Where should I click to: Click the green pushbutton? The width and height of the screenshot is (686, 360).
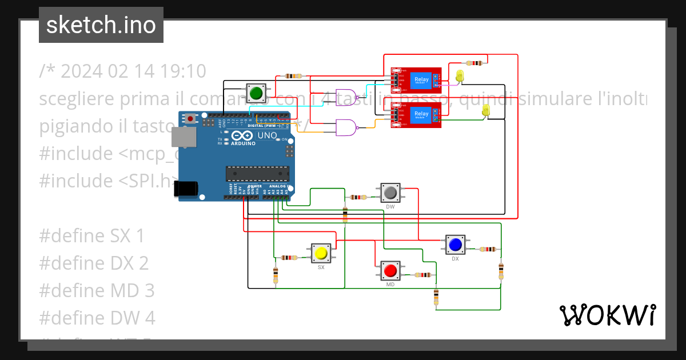click(256, 93)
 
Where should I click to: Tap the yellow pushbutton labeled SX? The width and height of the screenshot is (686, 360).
click(321, 253)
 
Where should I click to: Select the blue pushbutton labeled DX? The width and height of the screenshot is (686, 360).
click(455, 245)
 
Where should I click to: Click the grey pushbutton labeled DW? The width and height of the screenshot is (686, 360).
click(390, 193)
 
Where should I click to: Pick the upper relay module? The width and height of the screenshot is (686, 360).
click(416, 81)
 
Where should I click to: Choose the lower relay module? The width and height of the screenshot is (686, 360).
click(416, 115)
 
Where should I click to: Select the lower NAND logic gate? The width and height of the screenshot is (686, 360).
click(346, 127)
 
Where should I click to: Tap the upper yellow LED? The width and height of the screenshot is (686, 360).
click(460, 75)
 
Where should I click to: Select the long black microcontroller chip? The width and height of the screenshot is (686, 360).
click(258, 172)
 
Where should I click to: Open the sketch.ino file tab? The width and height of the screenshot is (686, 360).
click(101, 25)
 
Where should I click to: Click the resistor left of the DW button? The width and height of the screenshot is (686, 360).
click(358, 198)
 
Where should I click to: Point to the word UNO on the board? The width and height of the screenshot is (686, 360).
click(268, 136)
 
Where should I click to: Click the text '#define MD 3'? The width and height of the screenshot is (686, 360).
click(97, 290)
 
